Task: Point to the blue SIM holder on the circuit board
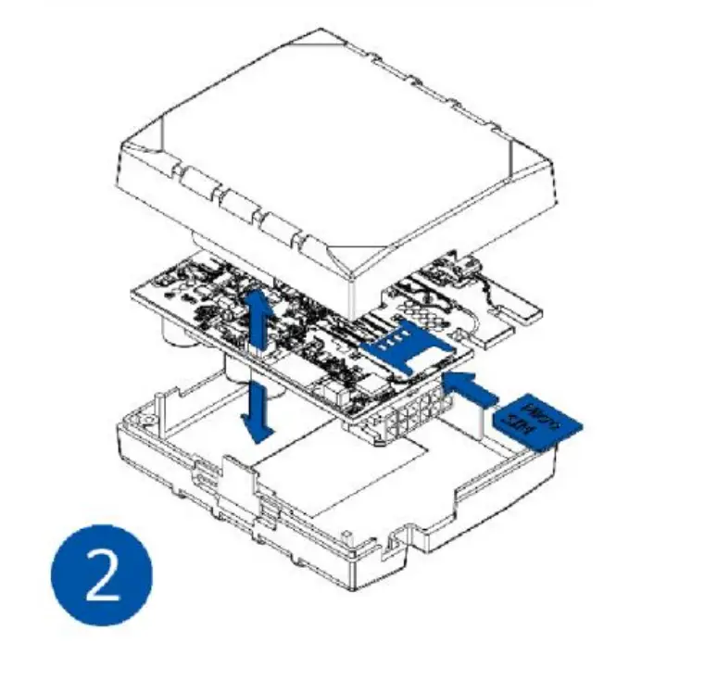pyautogui.click(x=407, y=346)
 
